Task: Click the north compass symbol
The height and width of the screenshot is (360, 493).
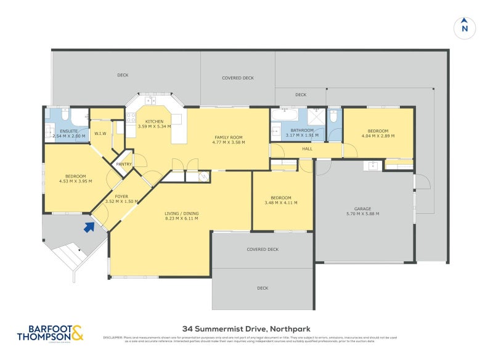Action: point(465,28)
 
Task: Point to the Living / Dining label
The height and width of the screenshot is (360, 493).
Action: point(181,213)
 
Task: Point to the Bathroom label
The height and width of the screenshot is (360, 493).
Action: point(302,130)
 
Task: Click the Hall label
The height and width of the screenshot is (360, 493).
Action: point(307,149)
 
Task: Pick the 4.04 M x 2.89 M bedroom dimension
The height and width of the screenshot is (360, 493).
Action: point(378,136)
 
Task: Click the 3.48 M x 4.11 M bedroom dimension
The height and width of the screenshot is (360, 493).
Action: point(280,202)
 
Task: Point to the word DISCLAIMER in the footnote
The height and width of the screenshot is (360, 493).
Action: point(113,338)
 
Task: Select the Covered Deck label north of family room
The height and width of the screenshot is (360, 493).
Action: point(238,78)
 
